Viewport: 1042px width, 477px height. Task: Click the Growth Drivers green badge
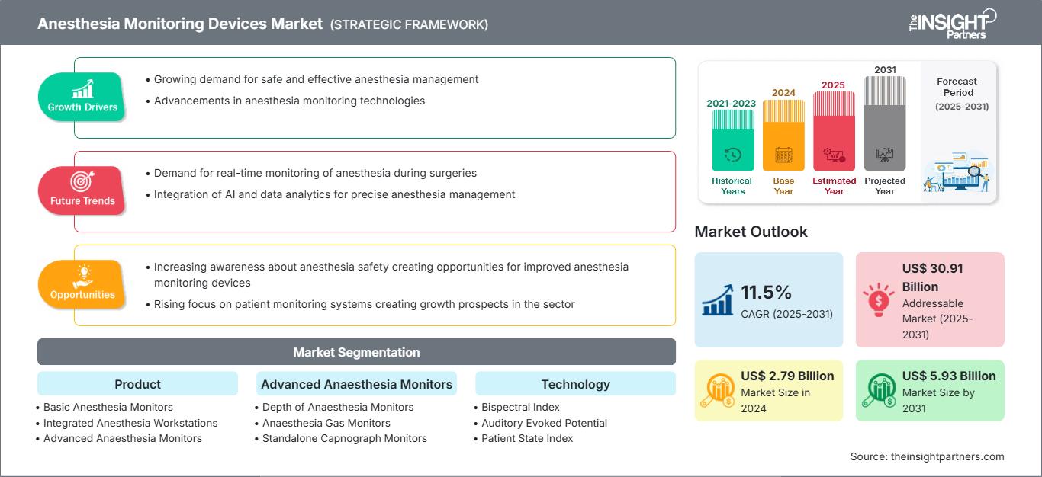click(82, 97)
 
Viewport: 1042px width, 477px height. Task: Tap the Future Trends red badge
click(82, 190)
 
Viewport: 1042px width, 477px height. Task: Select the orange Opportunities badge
click(82, 284)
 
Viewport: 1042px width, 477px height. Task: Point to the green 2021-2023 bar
click(732, 140)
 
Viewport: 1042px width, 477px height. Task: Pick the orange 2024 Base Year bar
click(783, 135)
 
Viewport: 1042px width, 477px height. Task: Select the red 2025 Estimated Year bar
click(834, 131)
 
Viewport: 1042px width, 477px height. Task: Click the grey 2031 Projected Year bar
click(885, 123)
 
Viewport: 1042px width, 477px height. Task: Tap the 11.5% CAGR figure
click(766, 293)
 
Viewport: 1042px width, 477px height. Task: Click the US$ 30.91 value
click(933, 268)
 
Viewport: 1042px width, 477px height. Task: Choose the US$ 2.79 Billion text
click(787, 376)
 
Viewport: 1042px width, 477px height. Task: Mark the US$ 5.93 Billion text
click(949, 376)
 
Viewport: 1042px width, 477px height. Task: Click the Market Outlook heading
click(751, 232)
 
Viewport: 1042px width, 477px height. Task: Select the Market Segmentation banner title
click(356, 353)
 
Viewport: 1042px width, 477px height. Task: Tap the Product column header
click(138, 384)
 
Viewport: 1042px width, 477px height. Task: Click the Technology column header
click(575, 384)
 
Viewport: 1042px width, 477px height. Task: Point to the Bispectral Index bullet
click(517, 408)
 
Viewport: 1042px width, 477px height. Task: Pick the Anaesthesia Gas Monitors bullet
click(323, 423)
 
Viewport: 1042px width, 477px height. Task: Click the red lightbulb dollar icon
click(878, 299)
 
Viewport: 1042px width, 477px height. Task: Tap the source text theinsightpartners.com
click(947, 457)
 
